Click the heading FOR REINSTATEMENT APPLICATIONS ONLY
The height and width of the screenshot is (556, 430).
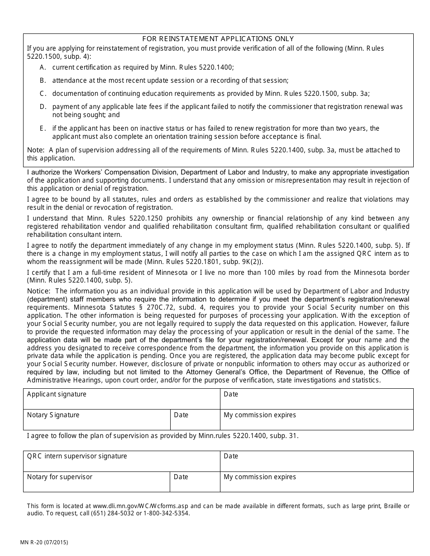click(x=218, y=39)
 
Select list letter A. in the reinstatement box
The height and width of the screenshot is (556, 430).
click(x=43, y=67)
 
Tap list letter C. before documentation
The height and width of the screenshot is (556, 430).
click(x=43, y=94)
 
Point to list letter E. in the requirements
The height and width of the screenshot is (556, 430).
click(x=43, y=128)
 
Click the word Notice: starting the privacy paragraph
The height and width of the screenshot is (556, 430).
click(x=39, y=291)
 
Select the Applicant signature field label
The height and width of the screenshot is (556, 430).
click(x=57, y=394)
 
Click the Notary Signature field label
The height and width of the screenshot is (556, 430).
click(x=53, y=415)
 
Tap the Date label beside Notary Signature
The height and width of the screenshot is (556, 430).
click(x=181, y=415)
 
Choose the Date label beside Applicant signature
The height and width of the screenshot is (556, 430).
click(x=231, y=394)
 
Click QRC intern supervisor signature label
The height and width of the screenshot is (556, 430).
click(x=77, y=456)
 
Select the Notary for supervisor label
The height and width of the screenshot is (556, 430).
click(x=59, y=477)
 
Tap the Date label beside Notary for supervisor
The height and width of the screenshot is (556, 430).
click(x=181, y=477)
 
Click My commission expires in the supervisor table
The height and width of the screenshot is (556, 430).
click(x=260, y=477)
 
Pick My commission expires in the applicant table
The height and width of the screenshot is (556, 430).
click(x=260, y=415)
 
